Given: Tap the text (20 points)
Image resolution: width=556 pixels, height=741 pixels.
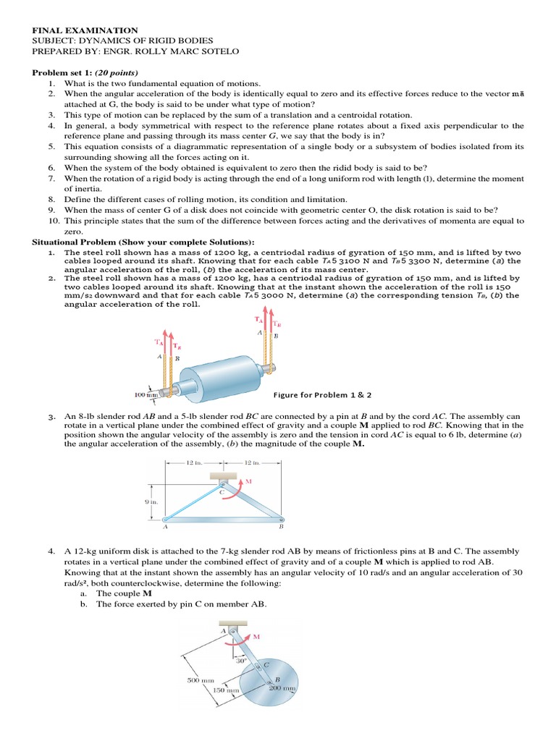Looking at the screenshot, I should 113,73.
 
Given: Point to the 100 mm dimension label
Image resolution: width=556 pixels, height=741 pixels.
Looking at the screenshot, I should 146,394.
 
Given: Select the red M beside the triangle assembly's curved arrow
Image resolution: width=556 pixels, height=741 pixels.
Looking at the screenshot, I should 249,480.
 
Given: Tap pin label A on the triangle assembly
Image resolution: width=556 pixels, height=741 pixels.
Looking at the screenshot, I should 166,528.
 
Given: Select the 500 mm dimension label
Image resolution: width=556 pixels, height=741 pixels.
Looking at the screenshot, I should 199,679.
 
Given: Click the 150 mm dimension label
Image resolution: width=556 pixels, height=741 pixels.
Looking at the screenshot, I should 226,690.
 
